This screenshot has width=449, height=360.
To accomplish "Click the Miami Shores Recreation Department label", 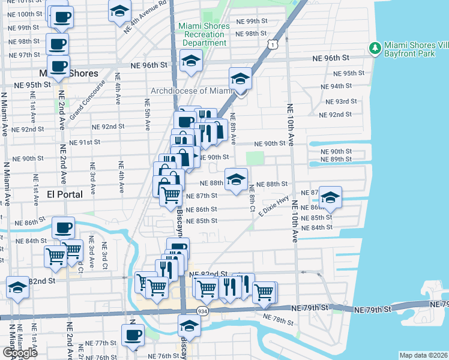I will coord(204,34).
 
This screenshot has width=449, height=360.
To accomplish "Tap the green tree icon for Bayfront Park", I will coord(376,47).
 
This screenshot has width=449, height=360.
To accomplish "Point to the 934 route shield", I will coord(202,311).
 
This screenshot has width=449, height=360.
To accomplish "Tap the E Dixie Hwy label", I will coord(274,206).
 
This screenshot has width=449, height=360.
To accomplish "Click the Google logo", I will coord(20,353).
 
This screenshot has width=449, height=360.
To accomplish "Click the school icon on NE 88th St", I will coord(237,179).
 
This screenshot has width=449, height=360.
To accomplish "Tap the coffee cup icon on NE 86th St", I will coord(63,227).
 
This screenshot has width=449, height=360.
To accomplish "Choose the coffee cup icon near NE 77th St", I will coord(133,335).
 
